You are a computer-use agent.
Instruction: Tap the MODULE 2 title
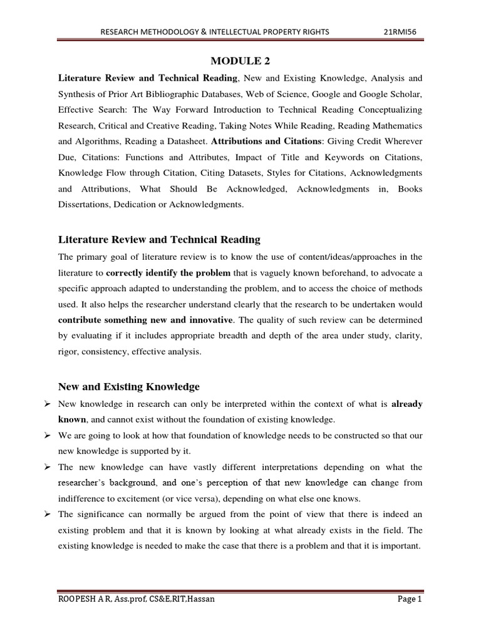240,60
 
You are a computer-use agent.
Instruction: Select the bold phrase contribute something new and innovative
148,319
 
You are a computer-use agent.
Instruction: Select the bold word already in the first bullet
406,404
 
